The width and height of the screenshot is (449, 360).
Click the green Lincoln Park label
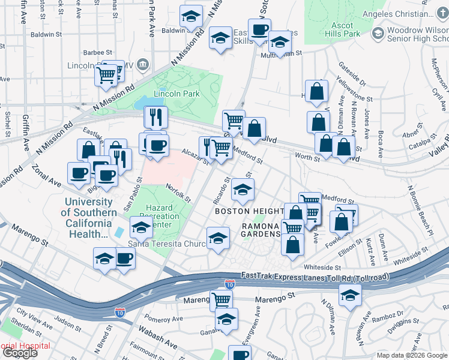click(176, 94)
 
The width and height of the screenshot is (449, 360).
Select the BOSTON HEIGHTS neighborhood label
click(249, 211)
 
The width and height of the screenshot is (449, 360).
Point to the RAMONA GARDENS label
click(261, 230)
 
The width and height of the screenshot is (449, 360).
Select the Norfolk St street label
click(178, 193)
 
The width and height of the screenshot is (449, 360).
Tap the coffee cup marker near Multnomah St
click(259, 29)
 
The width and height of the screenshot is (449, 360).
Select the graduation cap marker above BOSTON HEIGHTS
click(243, 190)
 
